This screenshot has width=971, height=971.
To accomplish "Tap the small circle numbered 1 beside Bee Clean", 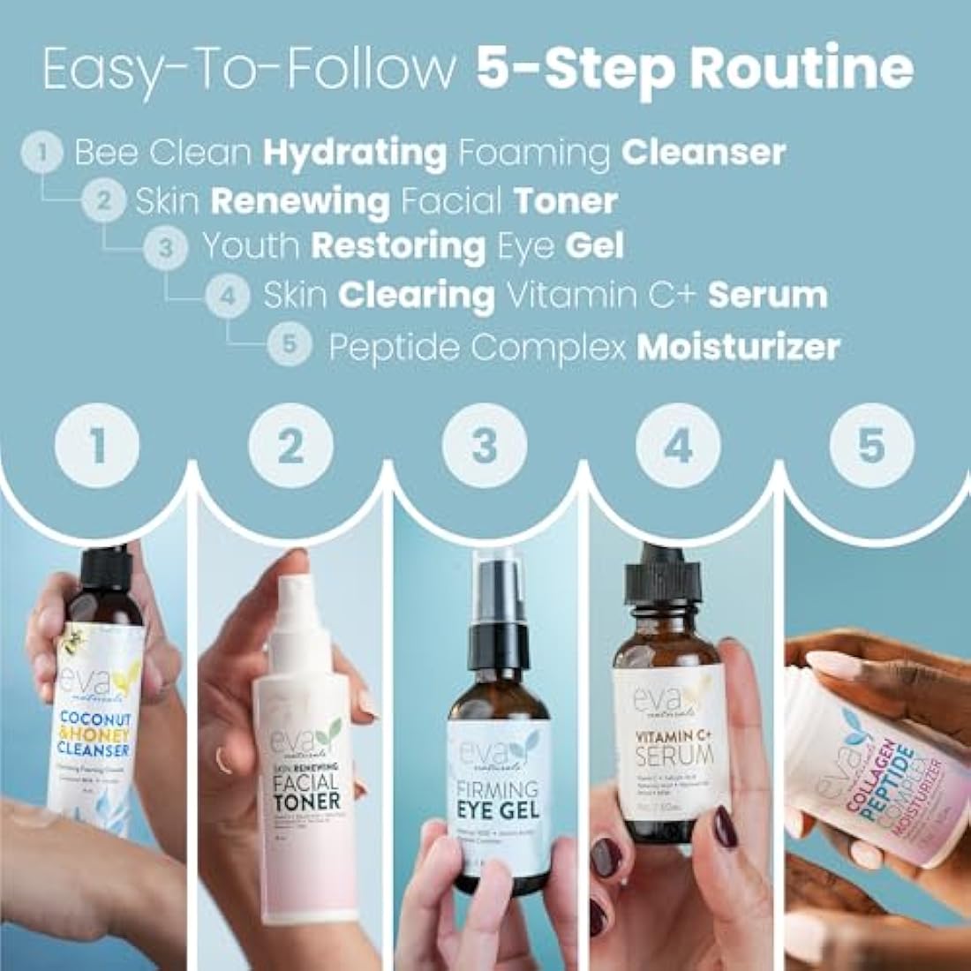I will click(43, 154).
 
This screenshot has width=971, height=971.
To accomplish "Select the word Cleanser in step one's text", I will click(703, 153).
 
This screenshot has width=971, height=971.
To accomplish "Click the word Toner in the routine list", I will click(565, 201).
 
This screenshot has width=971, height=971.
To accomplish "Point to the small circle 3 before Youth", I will click(166, 248).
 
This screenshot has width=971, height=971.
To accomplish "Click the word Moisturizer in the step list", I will click(737, 347).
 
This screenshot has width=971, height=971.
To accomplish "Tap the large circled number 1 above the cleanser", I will click(97, 445).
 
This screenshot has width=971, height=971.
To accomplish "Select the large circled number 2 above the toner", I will click(290, 447).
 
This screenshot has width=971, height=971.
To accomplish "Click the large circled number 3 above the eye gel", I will click(484, 447).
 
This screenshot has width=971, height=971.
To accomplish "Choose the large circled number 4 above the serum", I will click(677, 447).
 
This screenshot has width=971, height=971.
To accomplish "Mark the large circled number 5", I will click(870, 447).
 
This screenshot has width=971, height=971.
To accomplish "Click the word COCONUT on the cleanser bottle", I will click(97, 719).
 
